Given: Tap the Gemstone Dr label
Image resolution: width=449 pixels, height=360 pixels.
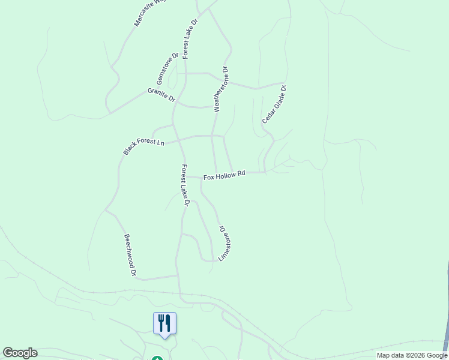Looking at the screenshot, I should (x=167, y=68).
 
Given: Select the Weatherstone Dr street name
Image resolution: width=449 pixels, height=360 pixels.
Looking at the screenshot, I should (x=221, y=89).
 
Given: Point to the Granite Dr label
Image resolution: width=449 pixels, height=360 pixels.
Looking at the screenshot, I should (x=161, y=94).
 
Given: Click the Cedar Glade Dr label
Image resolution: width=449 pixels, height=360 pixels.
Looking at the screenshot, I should (x=274, y=104).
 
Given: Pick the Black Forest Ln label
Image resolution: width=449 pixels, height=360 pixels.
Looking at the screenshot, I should (x=143, y=146).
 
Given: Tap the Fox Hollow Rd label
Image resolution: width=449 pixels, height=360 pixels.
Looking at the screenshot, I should (x=224, y=175).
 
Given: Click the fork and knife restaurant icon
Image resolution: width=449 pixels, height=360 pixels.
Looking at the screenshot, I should (x=164, y=323).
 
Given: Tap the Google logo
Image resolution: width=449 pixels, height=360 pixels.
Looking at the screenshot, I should (x=20, y=353).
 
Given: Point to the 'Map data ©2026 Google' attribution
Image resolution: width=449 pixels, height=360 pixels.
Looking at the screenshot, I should (x=412, y=355).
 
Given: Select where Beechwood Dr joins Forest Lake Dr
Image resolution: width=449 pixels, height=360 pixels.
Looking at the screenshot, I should (x=176, y=276).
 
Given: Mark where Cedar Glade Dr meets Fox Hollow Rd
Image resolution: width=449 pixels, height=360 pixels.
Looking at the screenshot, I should (x=265, y=172).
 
